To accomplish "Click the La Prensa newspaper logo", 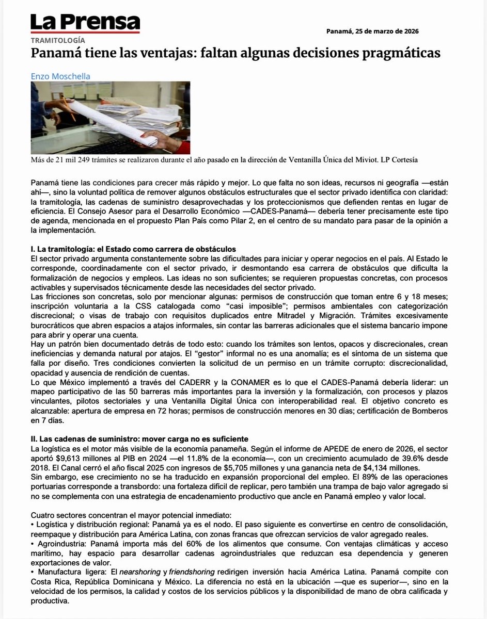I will (85, 23).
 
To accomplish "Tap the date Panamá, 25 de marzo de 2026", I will (372, 31).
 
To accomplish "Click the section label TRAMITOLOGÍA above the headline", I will (58, 40).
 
